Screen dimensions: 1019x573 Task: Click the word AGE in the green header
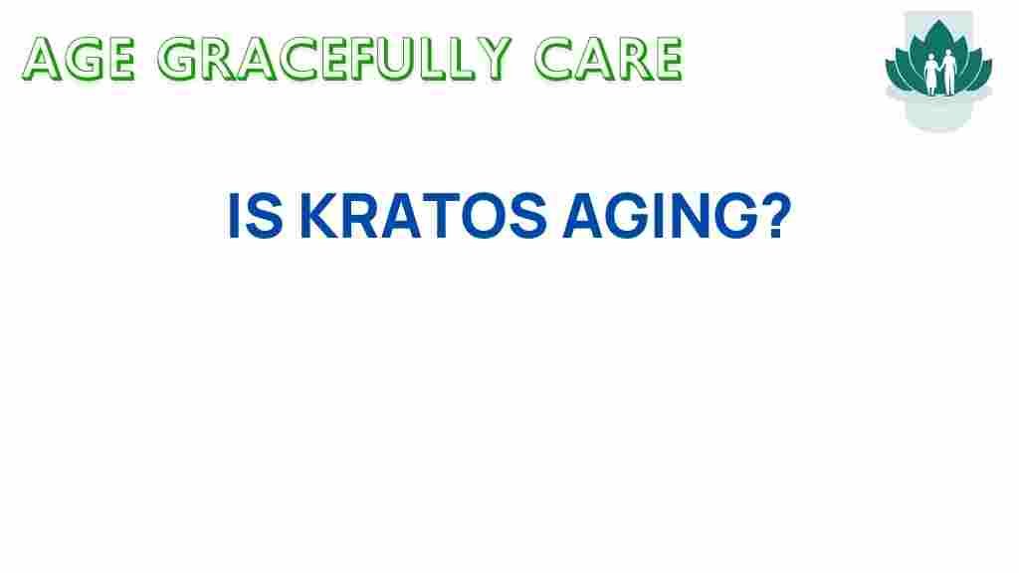[x=79, y=59]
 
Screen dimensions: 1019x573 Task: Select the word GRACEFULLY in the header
[x=334, y=59]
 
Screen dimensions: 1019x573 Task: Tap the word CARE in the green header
[x=608, y=59]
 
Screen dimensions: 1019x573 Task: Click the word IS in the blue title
[x=255, y=216]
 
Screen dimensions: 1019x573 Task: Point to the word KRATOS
[x=423, y=216]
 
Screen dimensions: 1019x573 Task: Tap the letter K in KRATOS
[x=319, y=216]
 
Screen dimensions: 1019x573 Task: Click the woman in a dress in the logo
[x=931, y=74]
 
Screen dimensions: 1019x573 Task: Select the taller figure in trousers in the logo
[x=948, y=72]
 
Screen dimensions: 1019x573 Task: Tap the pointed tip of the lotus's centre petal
[x=939, y=20]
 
